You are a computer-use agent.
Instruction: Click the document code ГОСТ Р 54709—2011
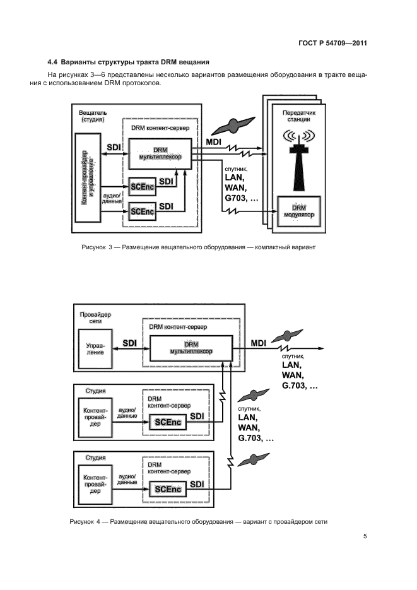coord(332,44)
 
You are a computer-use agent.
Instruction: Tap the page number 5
coord(365,536)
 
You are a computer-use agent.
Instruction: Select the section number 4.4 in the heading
coord(53,62)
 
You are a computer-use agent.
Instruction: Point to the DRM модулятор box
coord(299,212)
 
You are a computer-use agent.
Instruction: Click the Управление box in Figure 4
coord(95,348)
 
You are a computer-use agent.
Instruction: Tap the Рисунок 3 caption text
coord(197,247)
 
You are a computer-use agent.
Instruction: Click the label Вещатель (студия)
coord(91,115)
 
